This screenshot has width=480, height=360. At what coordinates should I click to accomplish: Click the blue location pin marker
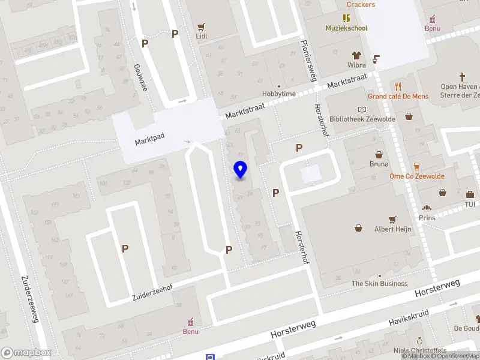pos(241,170)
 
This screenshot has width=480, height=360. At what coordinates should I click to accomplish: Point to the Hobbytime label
pos(279,94)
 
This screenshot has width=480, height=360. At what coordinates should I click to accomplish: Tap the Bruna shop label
pos(379,164)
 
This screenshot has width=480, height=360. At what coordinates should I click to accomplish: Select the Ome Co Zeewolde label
pos(417,176)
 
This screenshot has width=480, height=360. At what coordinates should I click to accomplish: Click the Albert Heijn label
pos(392,229)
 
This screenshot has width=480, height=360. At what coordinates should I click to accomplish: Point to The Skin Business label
pos(379,283)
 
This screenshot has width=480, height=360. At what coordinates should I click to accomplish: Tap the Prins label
pos(427,218)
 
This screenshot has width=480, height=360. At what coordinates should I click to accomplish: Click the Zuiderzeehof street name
pos(152,293)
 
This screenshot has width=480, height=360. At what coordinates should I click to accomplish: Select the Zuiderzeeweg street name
pos(30,299)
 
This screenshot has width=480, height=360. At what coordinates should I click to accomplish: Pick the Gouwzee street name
pos(140,77)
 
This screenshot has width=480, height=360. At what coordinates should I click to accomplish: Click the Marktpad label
pos(149,141)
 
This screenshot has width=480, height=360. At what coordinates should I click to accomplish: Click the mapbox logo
pos(26,353)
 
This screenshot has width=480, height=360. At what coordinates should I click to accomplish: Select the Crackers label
pos(361,5)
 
